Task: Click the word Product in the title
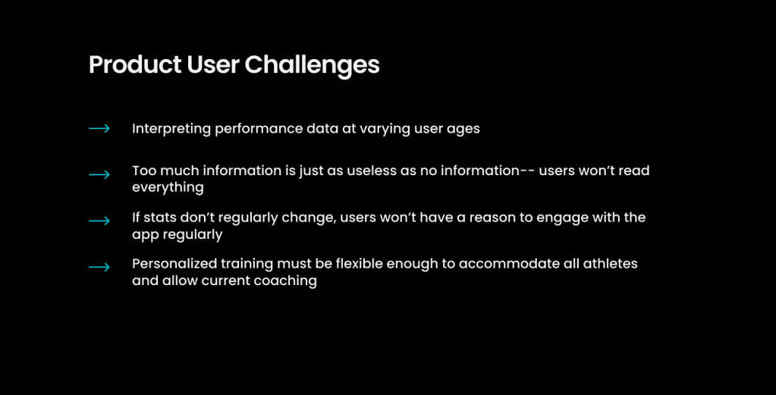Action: point(134,64)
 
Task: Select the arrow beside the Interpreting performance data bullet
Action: point(99,129)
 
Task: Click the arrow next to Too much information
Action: point(99,174)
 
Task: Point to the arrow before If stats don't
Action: point(99,221)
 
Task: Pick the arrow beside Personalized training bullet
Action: point(99,268)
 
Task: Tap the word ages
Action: point(463,130)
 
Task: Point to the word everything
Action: point(168,188)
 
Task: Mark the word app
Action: point(145,235)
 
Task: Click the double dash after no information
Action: point(526,171)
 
